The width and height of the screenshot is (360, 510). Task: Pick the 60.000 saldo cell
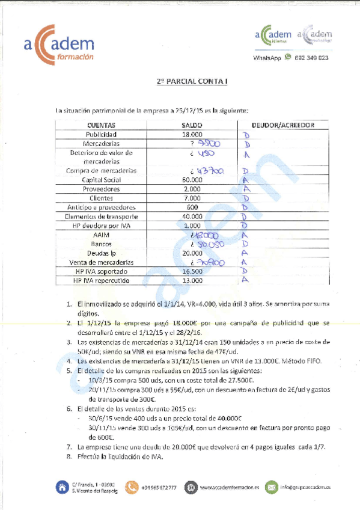point(192,180)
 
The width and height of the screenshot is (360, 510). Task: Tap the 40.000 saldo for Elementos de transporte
point(192,217)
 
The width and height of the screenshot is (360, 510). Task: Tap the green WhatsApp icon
point(288,57)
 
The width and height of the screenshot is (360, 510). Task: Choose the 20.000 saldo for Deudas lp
point(192,253)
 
